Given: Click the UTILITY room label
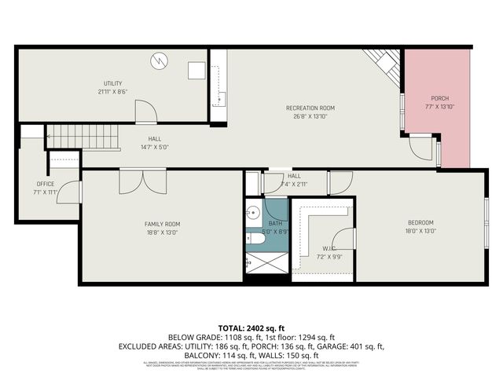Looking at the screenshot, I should point(113,83).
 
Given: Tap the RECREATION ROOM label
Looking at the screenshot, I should point(310,108).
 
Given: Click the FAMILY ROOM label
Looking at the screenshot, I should point(162,224).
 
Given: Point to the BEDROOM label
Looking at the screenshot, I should point(420,223).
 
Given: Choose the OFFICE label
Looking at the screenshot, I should point(46,184).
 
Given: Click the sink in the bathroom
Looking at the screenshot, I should point(254,212).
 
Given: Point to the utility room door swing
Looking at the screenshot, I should point(145,114).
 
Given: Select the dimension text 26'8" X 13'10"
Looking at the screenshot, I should point(310,115).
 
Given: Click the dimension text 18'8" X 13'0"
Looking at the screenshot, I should point(162,232).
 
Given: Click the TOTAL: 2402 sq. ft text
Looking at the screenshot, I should point(251,327).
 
